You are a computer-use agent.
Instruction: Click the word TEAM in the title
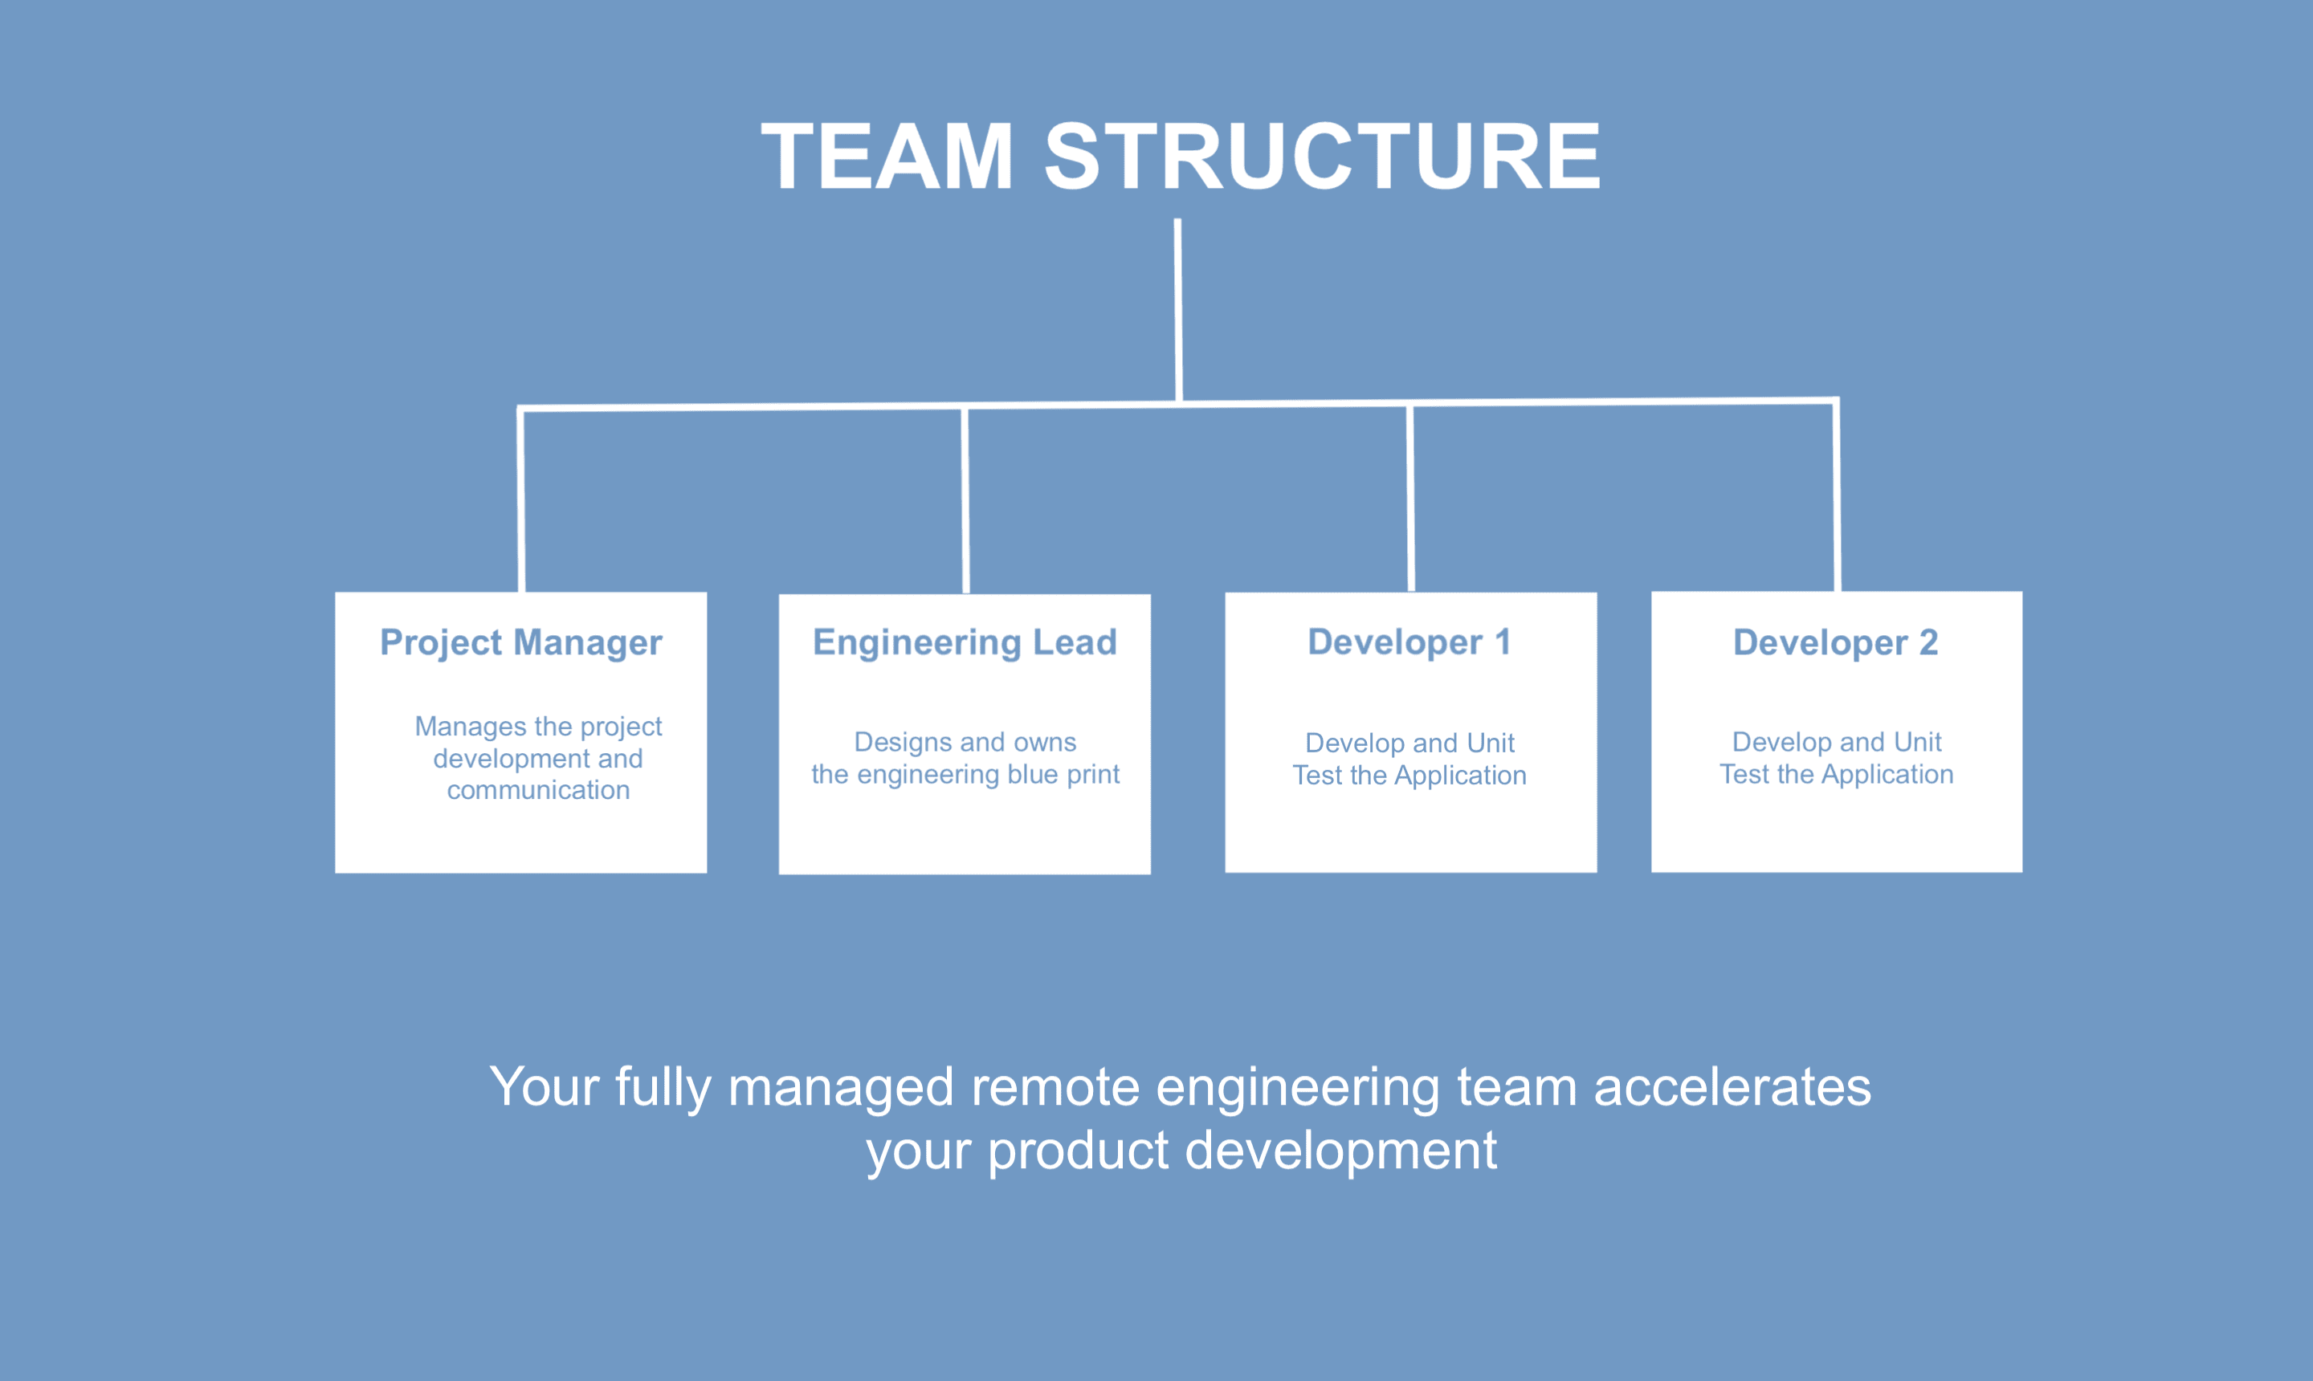[887, 157]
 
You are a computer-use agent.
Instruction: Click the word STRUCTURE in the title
[1323, 157]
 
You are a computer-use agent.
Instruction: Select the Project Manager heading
[521, 643]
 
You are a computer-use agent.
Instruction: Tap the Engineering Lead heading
[965, 643]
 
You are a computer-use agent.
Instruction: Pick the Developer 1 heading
[1409, 642]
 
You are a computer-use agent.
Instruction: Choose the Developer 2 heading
[1835, 643]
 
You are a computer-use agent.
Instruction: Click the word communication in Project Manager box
[538, 790]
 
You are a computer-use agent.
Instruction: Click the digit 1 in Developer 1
[1503, 642]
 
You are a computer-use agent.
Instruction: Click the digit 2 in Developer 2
[1928, 642]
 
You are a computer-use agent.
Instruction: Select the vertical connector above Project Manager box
[521, 499]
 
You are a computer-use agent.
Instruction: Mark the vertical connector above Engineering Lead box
[965, 499]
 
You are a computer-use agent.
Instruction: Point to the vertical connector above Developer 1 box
[1411, 498]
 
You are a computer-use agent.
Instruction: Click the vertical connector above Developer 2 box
[1837, 496]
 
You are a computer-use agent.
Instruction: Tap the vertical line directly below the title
[1178, 311]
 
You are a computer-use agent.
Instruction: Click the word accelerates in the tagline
[1732, 1087]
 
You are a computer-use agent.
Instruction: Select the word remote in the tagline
[1055, 1087]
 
